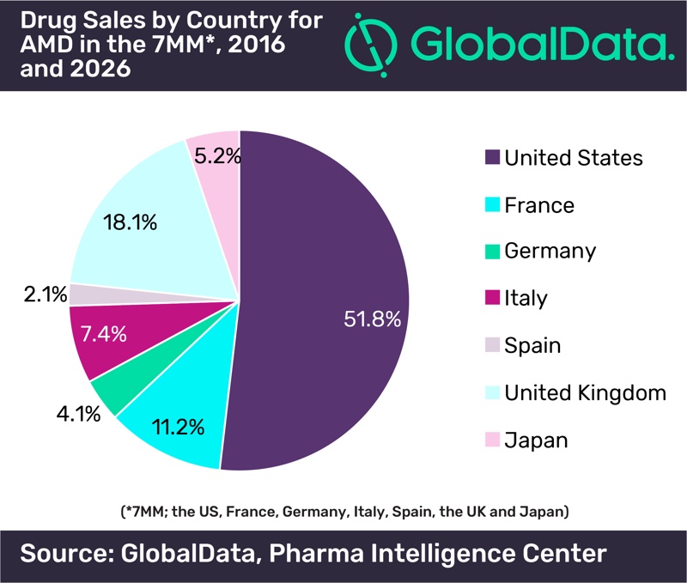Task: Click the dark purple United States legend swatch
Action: (492, 157)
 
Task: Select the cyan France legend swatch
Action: (492, 204)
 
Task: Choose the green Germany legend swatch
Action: (492, 252)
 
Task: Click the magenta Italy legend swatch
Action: (492, 299)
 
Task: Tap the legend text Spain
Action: (532, 346)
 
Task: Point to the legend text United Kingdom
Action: (585, 393)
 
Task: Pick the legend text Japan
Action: (536, 440)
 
